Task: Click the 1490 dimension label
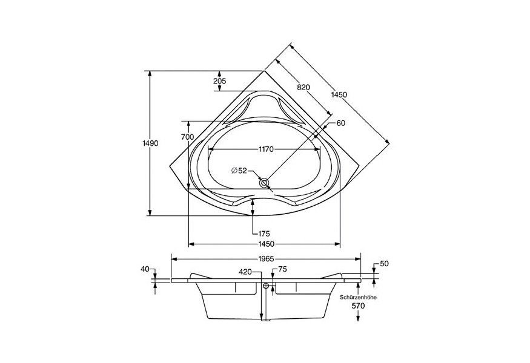point(150,143)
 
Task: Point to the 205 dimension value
point(219,81)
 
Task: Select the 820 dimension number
point(303,88)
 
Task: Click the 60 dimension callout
point(340,123)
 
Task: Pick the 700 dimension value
point(188,137)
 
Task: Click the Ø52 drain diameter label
point(239,171)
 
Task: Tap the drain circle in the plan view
point(264,182)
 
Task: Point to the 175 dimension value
point(263,234)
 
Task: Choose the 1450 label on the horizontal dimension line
point(265,244)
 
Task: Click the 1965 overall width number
point(266,258)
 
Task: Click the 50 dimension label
point(383,264)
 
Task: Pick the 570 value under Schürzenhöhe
point(359,307)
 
